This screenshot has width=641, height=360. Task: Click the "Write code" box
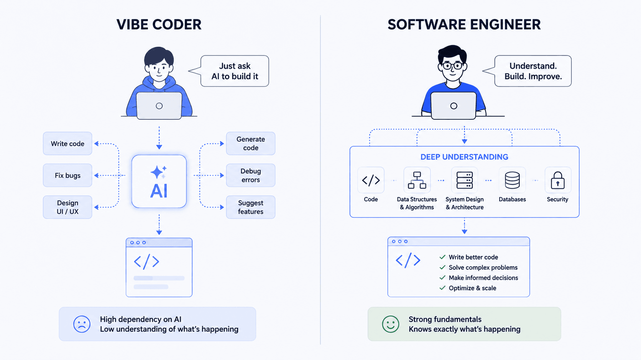click(x=67, y=143)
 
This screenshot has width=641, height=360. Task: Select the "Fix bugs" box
click(x=67, y=175)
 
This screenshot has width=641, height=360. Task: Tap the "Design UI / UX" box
click(x=67, y=207)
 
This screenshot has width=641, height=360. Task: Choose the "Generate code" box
click(x=251, y=143)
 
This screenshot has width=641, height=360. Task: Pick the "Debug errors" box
click(x=251, y=175)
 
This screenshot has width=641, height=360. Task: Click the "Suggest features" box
click(x=251, y=207)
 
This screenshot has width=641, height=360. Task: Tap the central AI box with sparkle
click(x=159, y=181)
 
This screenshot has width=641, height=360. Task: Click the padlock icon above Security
click(x=558, y=180)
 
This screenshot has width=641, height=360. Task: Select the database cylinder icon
click(x=512, y=180)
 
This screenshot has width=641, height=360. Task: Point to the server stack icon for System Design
click(x=464, y=180)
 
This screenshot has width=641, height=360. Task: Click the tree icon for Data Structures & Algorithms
click(x=417, y=180)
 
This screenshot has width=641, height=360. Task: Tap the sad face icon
click(x=82, y=324)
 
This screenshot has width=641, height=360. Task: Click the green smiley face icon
click(x=391, y=324)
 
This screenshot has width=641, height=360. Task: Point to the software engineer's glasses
click(x=452, y=66)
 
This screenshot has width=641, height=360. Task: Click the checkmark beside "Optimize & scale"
click(x=442, y=288)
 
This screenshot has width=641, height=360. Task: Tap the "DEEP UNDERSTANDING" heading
click(x=464, y=157)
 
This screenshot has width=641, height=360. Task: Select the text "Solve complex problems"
click(x=483, y=267)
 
